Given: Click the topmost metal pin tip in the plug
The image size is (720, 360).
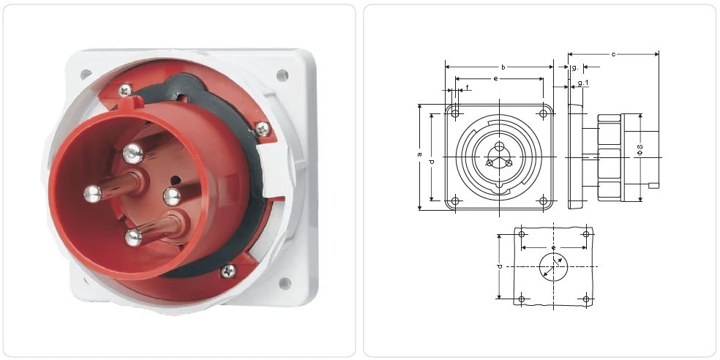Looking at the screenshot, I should (x=132, y=153).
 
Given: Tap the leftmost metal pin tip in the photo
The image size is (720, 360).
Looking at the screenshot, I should (x=91, y=193).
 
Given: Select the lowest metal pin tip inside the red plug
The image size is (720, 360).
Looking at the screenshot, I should (x=132, y=236).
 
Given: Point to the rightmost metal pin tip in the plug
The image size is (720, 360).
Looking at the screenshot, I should (x=171, y=195).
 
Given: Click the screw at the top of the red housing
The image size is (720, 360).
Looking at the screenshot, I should (x=124, y=89).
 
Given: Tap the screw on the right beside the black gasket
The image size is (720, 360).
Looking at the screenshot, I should (x=263, y=130).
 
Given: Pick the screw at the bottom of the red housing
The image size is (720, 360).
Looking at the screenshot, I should (x=228, y=271).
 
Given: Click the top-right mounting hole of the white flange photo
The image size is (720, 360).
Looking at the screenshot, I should (x=281, y=73).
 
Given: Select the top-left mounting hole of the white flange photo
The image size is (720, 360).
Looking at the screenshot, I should (x=86, y=74).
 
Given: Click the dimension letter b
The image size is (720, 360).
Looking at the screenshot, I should (x=503, y=67).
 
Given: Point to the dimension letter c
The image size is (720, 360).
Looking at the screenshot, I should (x=612, y=53).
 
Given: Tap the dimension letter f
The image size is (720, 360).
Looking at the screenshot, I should (x=467, y=88).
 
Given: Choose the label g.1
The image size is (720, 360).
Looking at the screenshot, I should (x=582, y=83).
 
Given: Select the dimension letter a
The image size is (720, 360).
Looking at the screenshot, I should (x=419, y=155).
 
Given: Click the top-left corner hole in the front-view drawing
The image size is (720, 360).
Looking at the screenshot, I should (x=455, y=114).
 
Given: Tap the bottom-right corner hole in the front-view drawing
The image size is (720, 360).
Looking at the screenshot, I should (x=543, y=201).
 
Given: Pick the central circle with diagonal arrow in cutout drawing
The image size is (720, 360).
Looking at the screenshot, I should (x=553, y=267).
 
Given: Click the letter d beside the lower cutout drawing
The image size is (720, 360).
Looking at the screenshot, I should (x=499, y=266).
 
